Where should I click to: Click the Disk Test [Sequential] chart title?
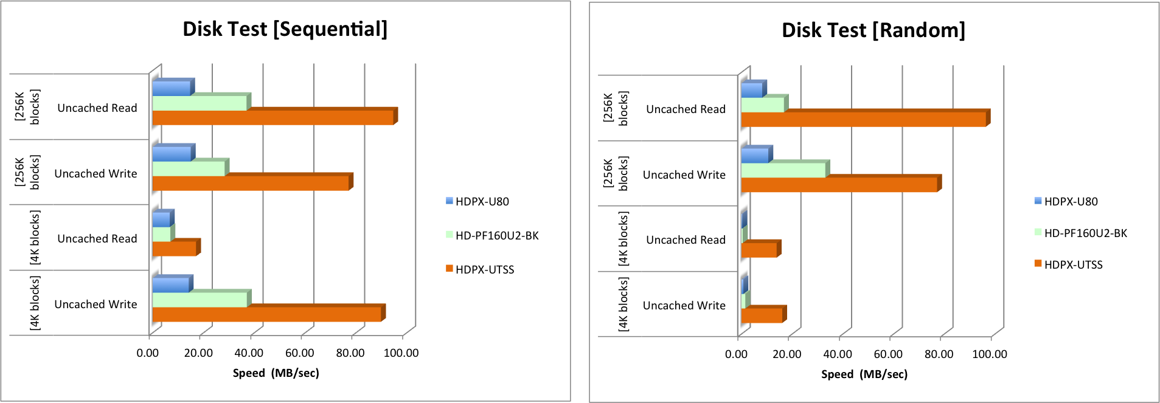tap(285, 29)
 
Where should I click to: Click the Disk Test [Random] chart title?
tap(873, 30)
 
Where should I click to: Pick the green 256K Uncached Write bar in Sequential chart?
tap(189, 169)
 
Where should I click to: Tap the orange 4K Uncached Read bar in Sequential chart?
tap(174, 249)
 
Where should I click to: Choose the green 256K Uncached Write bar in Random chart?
tap(783, 170)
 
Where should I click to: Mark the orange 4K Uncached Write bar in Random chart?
tap(762, 315)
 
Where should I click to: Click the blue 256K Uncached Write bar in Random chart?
tap(755, 156)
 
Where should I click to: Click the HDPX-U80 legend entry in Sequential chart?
tap(482, 202)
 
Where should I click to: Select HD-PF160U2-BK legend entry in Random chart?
tap(1085, 233)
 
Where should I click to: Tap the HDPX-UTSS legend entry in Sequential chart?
tap(484, 270)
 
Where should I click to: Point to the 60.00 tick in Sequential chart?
tap(300, 353)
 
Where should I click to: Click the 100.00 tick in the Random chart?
tap(990, 354)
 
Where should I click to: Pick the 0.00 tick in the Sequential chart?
tap(148, 353)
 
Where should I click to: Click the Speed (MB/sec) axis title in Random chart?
tap(864, 374)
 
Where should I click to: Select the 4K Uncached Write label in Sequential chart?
tap(96, 305)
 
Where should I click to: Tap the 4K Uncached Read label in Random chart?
tap(686, 240)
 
